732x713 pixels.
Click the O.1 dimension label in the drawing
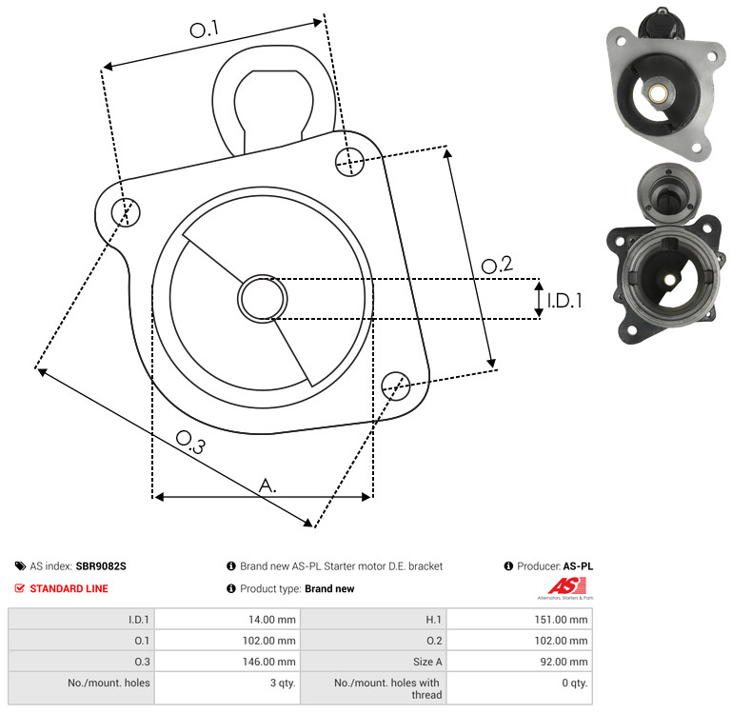click(205, 29)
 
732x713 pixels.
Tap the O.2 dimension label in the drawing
click(497, 265)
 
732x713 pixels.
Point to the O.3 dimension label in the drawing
click(190, 442)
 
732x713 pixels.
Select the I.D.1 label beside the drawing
click(564, 301)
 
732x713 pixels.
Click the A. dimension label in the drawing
click(267, 485)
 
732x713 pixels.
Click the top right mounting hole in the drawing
click(349, 162)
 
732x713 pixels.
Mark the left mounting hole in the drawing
click(126, 212)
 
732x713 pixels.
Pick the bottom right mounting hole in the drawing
click(396, 386)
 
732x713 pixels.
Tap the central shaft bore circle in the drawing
click(263, 298)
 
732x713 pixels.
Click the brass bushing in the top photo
click(658, 92)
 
